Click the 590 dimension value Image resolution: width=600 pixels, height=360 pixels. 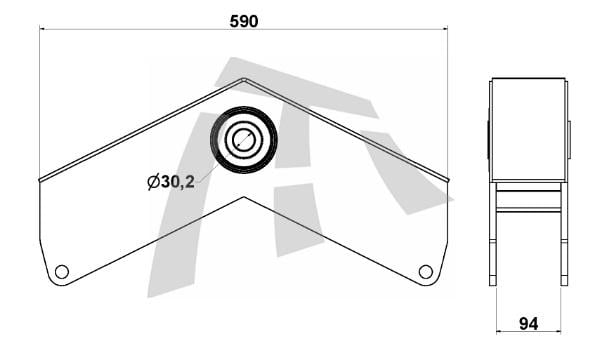[244, 21]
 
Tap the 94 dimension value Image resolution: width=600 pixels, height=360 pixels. [528, 324]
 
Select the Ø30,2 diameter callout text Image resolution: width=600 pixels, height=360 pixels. [171, 182]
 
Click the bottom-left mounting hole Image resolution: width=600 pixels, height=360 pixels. [62, 272]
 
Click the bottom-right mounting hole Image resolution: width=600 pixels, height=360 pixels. [426, 272]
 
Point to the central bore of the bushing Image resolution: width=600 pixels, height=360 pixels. [244, 139]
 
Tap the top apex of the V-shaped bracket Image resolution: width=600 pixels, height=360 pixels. [244, 79]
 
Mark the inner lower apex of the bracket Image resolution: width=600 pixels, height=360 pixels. [244, 197]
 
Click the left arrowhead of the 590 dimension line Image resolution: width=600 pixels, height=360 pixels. [42, 28]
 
